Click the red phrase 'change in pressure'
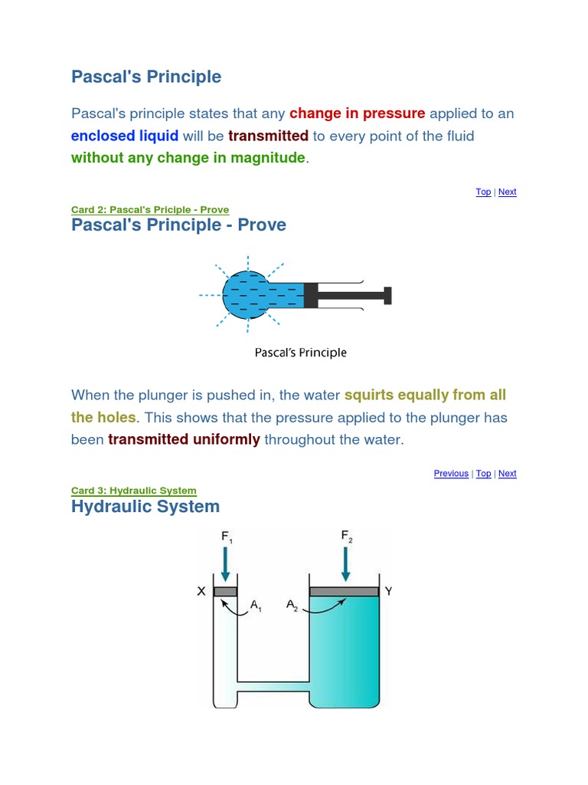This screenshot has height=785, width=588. click(357, 113)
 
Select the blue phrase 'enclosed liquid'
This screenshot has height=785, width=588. click(125, 136)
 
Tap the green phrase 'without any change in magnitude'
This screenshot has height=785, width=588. click(188, 159)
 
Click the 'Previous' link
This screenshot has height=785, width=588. click(451, 474)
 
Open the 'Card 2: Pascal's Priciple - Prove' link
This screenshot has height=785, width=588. click(150, 210)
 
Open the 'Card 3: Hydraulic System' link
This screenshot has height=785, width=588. click(134, 491)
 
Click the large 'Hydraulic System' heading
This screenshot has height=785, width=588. click(145, 506)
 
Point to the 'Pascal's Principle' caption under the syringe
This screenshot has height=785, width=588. click(300, 353)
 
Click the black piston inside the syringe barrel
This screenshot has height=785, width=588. click(311, 295)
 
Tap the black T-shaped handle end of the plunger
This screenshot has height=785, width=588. click(388, 295)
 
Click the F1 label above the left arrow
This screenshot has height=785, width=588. click(227, 537)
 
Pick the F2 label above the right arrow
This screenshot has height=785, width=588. click(347, 537)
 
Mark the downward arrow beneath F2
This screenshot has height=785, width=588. click(346, 566)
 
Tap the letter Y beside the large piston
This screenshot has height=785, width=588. click(389, 591)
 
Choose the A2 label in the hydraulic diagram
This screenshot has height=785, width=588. click(292, 606)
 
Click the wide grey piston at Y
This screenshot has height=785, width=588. click(344, 591)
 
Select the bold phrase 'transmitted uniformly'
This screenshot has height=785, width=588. click(184, 440)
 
